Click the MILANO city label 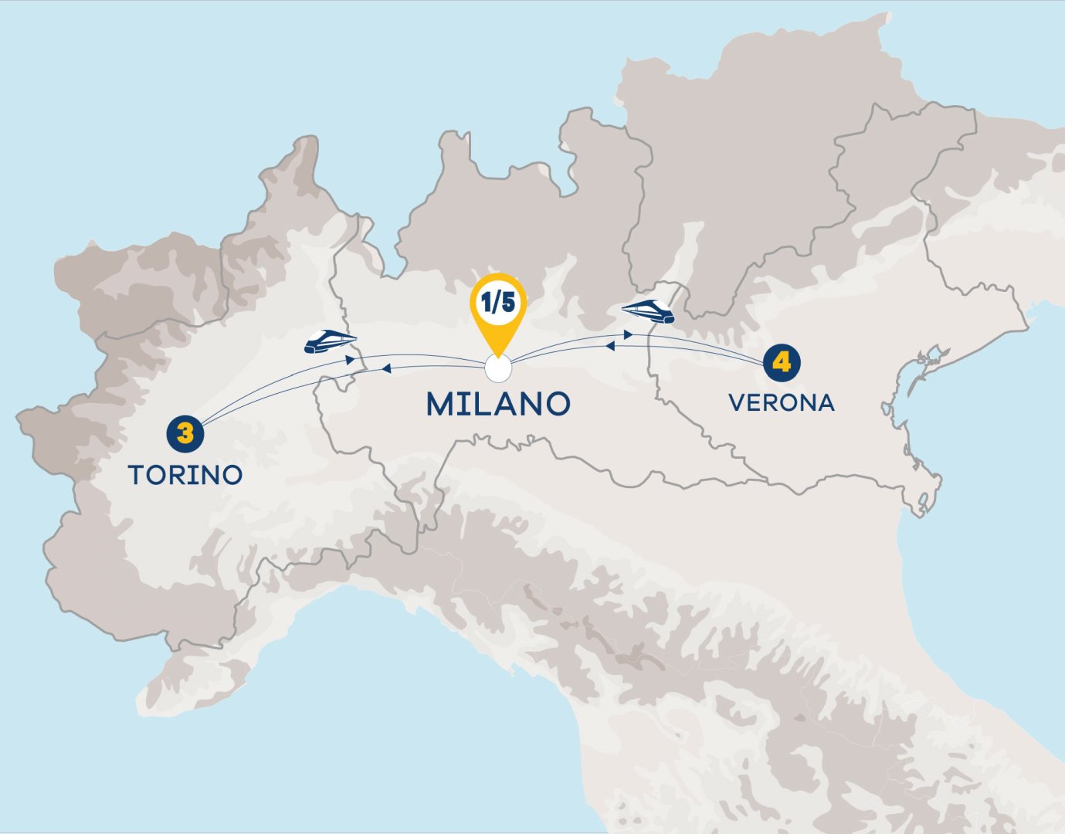coord(498,404)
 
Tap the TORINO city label coord(185,475)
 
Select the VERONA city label coord(782,403)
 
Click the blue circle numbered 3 coord(185,432)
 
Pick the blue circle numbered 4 coord(782,362)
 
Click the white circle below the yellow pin coord(498,370)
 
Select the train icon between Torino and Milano coord(330,341)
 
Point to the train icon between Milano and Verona coord(649,311)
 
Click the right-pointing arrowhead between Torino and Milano coord(351,359)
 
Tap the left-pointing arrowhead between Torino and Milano coord(385,369)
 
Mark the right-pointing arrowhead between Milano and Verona coord(629,335)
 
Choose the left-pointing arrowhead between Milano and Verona coord(609,347)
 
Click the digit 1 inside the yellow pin coord(487,303)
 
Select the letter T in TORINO coord(137,475)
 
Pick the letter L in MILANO coord(486,404)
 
